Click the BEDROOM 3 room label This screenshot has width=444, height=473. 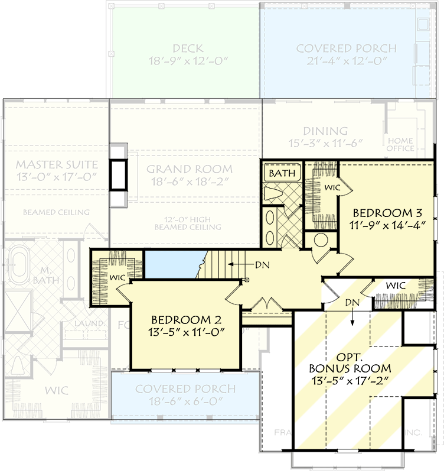click(389, 212)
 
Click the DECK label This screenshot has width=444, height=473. click(188, 48)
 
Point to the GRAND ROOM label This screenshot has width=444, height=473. click(190, 169)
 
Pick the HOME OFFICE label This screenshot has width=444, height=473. click(401, 144)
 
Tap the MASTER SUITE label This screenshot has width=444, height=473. click(56, 164)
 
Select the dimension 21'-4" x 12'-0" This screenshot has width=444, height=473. click(346, 61)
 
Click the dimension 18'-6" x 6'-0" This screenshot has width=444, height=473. click(185, 401)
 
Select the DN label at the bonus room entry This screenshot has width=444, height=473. click(352, 302)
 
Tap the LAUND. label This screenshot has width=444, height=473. click(89, 323)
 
